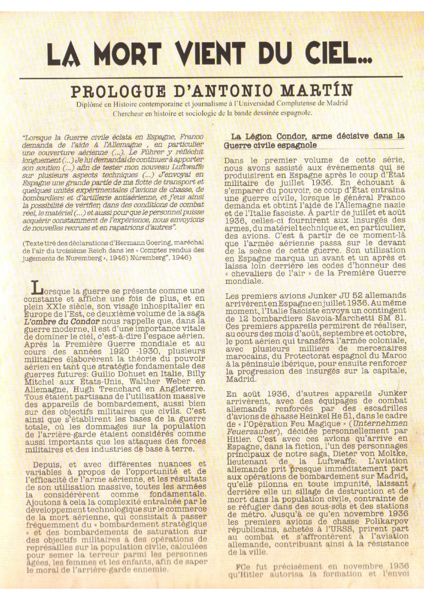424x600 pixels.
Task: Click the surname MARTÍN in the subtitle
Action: [x=321, y=91]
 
